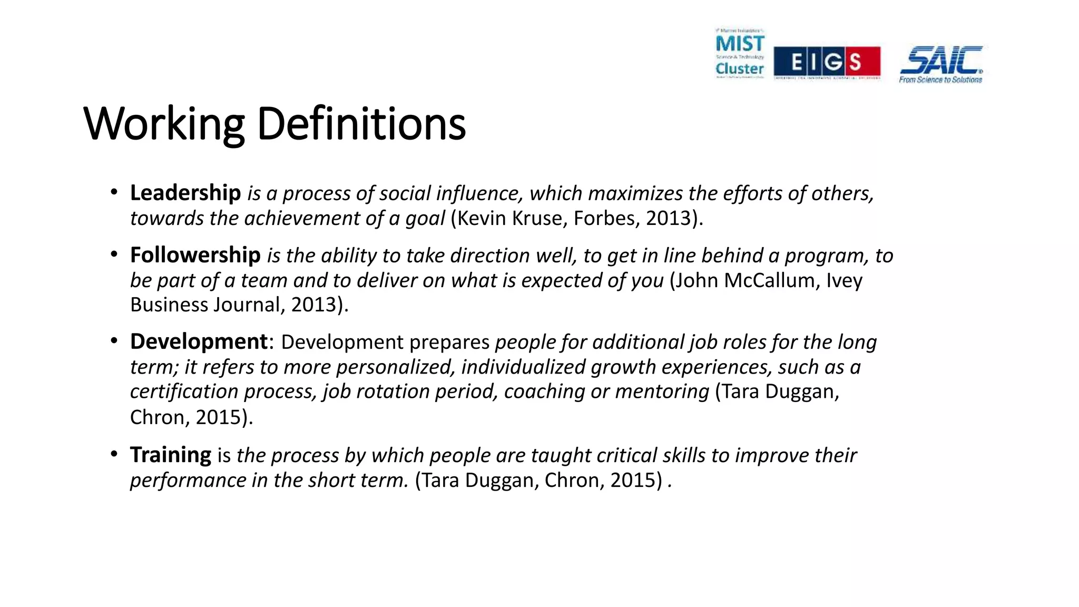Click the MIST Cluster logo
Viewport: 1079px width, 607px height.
pos(740,54)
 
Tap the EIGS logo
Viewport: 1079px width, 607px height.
pos(827,62)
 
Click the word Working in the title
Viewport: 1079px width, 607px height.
pos(164,124)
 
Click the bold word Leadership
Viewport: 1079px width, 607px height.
pos(185,193)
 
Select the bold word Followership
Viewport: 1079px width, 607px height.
pos(195,255)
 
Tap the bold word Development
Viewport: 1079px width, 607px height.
pos(199,341)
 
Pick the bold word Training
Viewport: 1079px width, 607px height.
pos(171,455)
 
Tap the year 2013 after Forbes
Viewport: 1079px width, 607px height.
pos(669,218)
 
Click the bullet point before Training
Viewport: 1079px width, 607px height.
pos(114,454)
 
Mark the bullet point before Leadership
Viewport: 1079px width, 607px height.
pos(114,192)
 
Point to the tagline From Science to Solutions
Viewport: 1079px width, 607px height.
pos(940,80)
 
